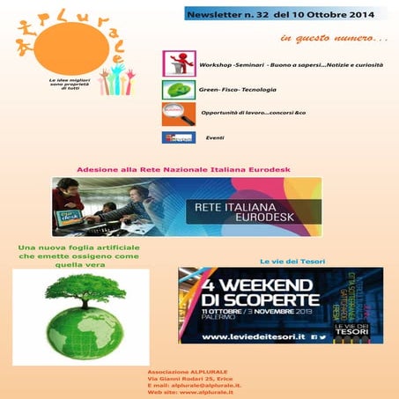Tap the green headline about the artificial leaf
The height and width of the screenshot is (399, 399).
click(80, 257)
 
